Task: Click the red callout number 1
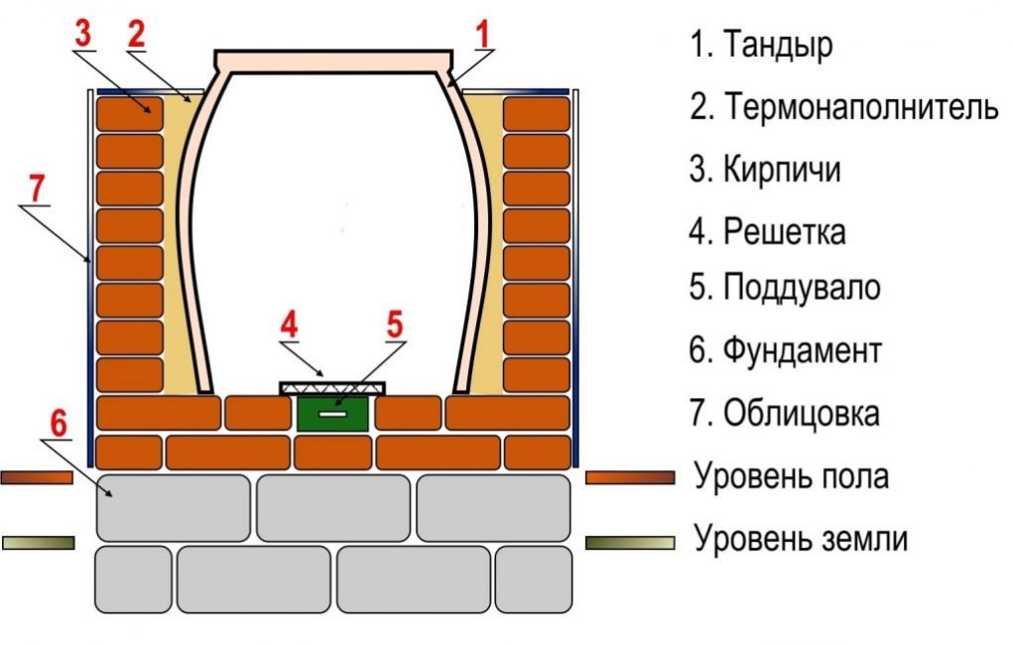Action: pos(483,35)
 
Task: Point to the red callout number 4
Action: pos(288,324)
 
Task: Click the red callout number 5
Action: pos(395,323)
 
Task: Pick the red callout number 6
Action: pos(59,423)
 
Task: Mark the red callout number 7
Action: pos(37,187)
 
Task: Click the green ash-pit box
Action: pos(333,413)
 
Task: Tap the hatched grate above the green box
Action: pos(333,386)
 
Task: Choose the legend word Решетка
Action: pos(784,232)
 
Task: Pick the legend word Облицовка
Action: pos(801,412)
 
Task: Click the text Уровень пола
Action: pos(791,476)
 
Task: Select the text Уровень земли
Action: pos(801,540)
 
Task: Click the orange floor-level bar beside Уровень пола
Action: pos(629,477)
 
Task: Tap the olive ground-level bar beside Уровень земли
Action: pos(629,542)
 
